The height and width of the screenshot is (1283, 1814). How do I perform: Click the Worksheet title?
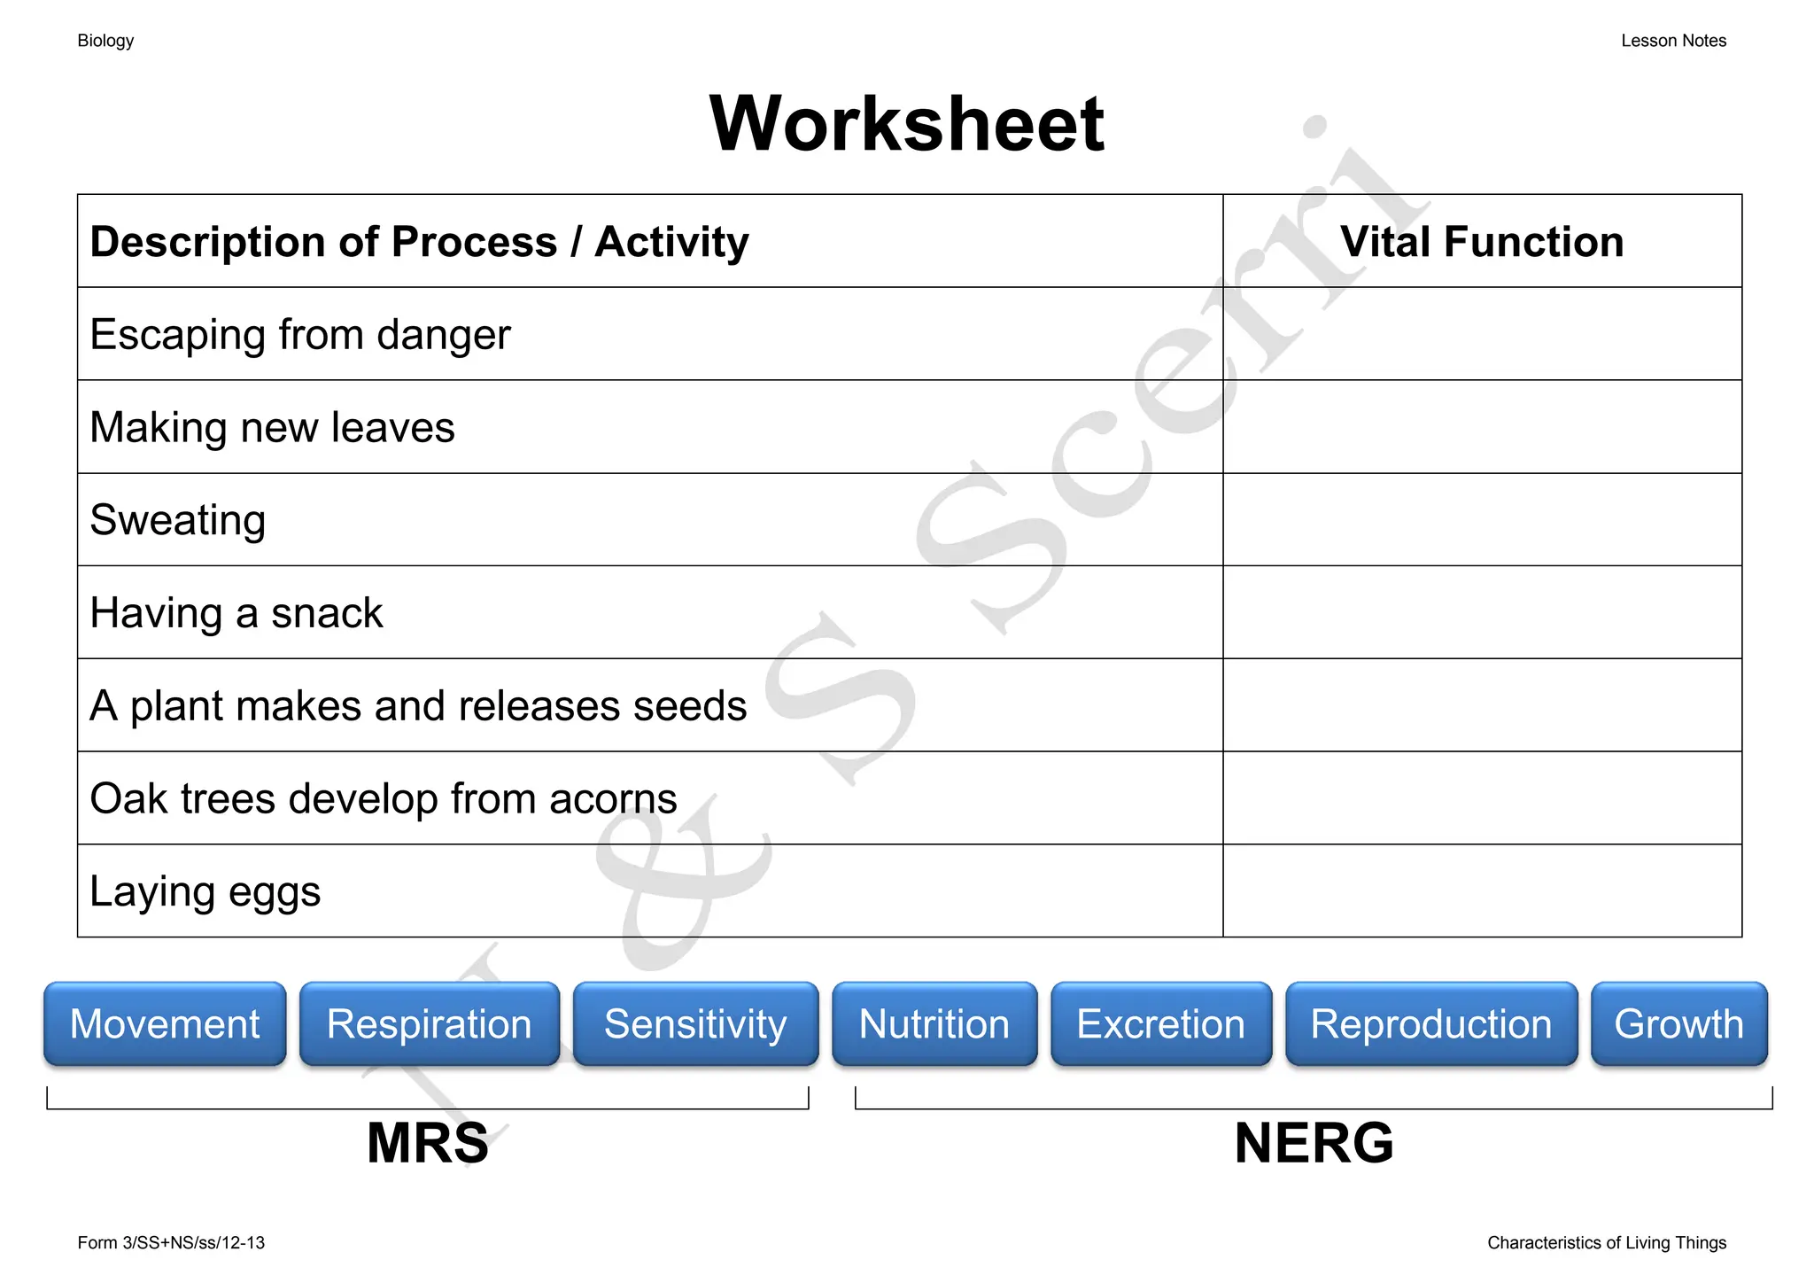[906, 124]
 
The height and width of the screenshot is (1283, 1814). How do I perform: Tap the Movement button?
[165, 1023]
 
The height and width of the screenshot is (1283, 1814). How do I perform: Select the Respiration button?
[429, 1023]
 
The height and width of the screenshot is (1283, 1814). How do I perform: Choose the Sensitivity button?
[695, 1023]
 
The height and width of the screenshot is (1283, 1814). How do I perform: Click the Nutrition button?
[934, 1023]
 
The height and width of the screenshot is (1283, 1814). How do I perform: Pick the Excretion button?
[1160, 1023]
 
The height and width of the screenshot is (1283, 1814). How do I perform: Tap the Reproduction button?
[1430, 1023]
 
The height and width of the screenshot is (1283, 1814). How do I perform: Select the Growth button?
[1678, 1023]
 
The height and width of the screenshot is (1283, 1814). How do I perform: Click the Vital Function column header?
[1481, 242]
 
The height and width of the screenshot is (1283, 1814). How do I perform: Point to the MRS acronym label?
[427, 1143]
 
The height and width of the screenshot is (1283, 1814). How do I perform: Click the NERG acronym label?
[1314, 1143]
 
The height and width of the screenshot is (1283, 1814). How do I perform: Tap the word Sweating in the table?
[178, 520]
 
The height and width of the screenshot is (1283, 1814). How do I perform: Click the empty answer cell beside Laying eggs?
[1481, 890]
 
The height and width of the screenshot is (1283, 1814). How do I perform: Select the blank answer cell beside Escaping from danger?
[1481, 334]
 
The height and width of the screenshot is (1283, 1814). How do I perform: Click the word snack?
[327, 613]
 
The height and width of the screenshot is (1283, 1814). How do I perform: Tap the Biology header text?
[105, 41]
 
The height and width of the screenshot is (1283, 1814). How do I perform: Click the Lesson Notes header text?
[1673, 41]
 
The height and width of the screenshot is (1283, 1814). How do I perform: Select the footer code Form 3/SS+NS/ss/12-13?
[171, 1243]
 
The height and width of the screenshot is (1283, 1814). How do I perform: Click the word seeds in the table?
[691, 706]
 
